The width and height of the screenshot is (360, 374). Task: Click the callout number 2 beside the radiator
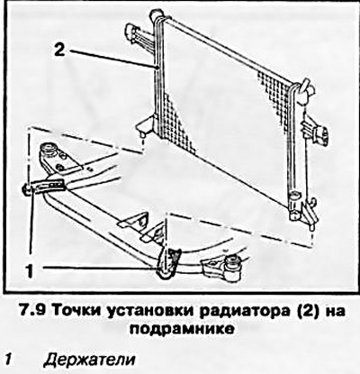(x=59, y=50)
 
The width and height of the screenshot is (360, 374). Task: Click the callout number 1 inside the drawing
(x=30, y=270)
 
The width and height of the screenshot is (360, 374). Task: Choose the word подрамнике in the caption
(x=182, y=329)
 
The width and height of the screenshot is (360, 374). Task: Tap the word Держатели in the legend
(x=89, y=360)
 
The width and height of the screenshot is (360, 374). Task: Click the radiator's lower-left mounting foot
(x=144, y=125)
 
